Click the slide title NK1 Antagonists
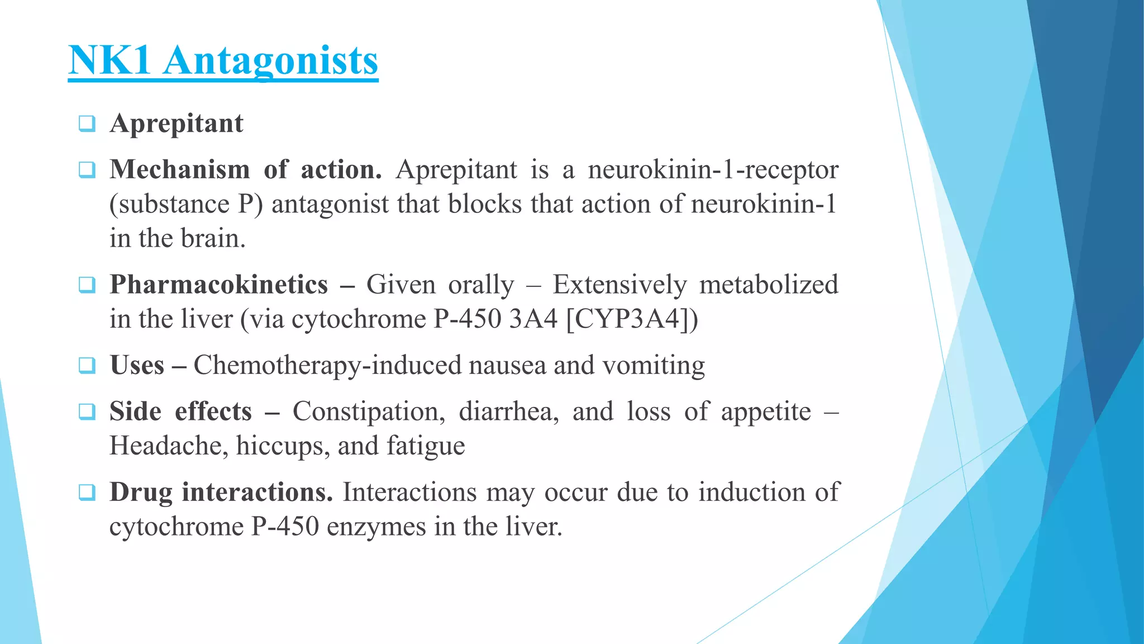[223, 60]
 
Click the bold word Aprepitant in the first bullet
[177, 124]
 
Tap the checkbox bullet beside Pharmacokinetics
[87, 285]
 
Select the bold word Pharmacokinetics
[218, 285]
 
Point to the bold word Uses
[137, 366]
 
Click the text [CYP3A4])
[632, 319]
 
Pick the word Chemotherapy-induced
[327, 366]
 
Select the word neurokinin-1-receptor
[713, 169]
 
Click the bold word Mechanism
[179, 169]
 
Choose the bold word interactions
[257, 492]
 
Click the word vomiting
[654, 366]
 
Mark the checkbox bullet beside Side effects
[87, 412]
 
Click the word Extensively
[619, 285]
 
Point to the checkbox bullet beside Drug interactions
[87, 493]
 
